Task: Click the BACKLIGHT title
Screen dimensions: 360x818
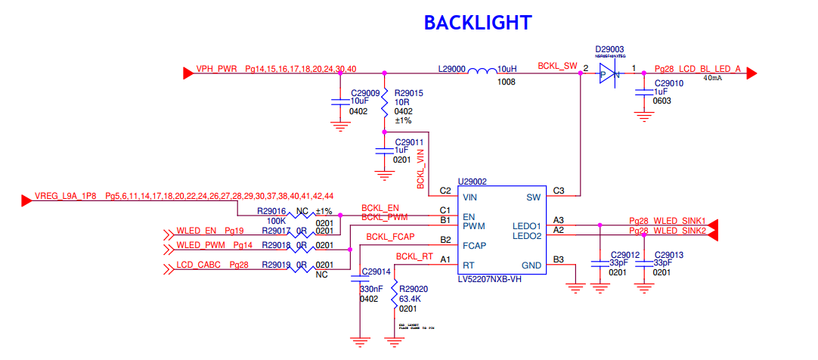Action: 477,23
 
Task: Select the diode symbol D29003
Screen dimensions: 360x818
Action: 610,73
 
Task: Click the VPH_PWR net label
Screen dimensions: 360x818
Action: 216,68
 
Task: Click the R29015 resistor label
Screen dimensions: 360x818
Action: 408,93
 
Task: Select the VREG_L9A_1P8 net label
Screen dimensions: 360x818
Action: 67,196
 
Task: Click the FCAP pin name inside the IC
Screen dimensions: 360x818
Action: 474,246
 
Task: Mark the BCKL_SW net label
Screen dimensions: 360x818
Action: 557,67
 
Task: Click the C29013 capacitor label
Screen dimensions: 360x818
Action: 668,255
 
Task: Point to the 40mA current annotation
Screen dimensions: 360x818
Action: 713,77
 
